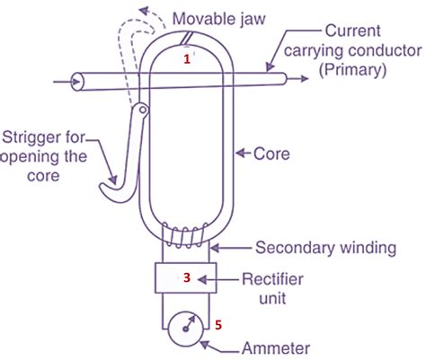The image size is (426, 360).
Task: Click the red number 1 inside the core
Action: tap(187, 58)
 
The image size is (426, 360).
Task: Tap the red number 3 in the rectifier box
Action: tap(185, 277)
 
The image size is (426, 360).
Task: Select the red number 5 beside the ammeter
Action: tap(216, 321)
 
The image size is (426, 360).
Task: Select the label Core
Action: tap(271, 154)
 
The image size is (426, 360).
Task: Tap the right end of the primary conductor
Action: tap(287, 79)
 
